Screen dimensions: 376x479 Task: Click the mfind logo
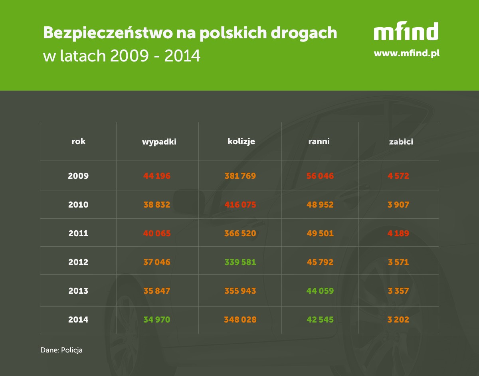406,32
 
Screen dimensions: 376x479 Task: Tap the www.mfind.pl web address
406,53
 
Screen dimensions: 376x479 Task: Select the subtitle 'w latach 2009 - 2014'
121,56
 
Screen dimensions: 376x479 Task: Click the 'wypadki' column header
159,142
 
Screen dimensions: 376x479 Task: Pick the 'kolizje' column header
241,141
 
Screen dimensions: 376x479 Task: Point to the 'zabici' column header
401,142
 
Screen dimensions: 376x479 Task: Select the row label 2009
78,176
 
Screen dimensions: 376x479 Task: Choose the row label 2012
78,262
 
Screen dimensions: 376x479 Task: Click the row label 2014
78,320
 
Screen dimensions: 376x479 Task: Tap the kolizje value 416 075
240,205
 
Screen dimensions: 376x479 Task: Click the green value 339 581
240,262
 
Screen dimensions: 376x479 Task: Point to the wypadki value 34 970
157,320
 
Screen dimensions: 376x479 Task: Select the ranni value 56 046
320,176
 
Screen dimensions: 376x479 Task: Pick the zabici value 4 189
398,234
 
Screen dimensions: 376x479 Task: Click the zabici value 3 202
398,320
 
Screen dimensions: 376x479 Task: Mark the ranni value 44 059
320,291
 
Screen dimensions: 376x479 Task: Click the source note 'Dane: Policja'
61,350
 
